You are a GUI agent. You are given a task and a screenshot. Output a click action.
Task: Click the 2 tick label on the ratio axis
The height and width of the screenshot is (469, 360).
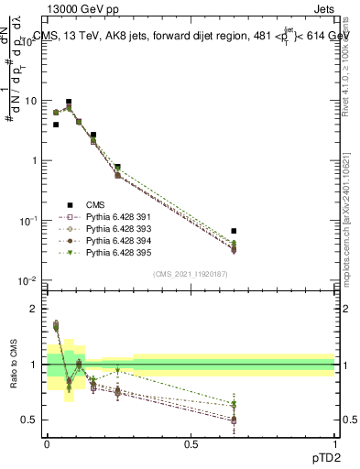(x=35, y=309)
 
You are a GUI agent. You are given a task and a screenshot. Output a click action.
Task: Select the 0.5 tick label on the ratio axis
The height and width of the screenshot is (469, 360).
(x=30, y=420)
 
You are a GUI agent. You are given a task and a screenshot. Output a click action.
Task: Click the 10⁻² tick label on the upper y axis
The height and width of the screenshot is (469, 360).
(x=30, y=280)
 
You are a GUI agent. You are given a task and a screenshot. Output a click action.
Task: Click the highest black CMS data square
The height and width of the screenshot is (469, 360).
(x=69, y=102)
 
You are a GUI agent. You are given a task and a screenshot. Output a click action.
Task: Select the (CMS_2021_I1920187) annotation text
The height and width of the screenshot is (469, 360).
(x=190, y=273)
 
